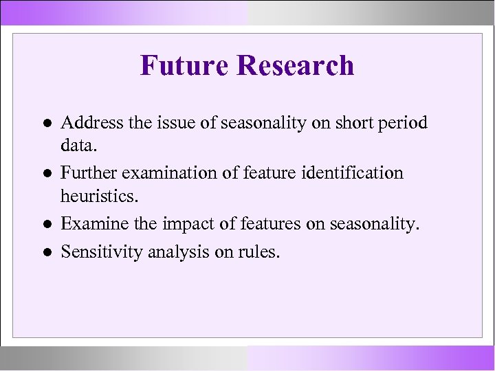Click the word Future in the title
point(184,66)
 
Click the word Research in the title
point(295,66)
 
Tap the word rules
point(258,251)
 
